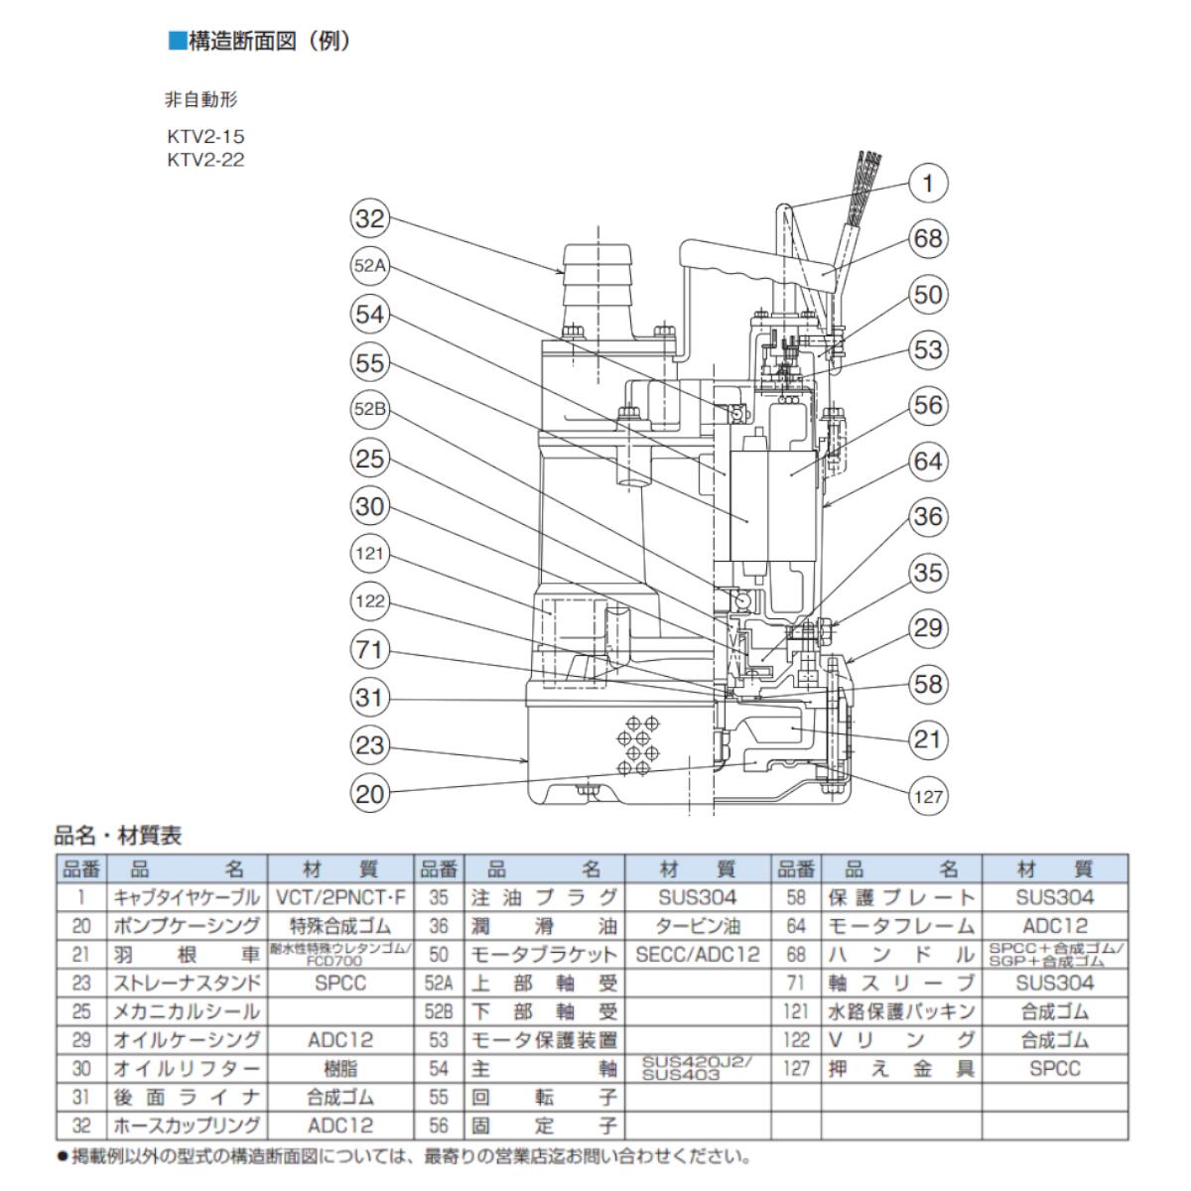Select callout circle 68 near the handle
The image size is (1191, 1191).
[x=928, y=239]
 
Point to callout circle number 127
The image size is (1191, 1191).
[x=928, y=795]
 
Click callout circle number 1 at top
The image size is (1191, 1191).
[x=928, y=184]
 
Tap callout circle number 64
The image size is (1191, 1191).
[x=928, y=462]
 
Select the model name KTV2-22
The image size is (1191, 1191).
[x=205, y=160]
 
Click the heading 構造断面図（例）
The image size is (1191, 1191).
[x=260, y=42]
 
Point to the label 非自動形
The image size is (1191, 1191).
[x=200, y=100]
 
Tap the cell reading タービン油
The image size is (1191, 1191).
[x=698, y=926]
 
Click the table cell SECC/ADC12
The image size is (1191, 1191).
[x=698, y=955]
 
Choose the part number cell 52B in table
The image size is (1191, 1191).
[x=438, y=1011]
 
